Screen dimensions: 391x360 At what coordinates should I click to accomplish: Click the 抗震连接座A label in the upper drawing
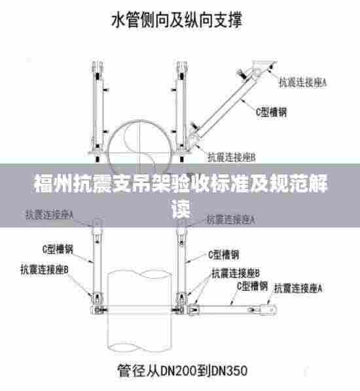[x=303, y=83]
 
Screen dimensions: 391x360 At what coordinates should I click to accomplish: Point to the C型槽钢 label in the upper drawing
[x=270, y=112]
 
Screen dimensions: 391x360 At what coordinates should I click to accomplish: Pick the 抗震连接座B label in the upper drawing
[x=231, y=157]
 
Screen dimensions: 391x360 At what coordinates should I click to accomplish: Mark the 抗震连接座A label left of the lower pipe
[x=49, y=213]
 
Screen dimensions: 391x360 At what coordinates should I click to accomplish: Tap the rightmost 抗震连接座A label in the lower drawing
[x=300, y=288]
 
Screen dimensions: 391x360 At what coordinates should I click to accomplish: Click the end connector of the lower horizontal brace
[x=269, y=305]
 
